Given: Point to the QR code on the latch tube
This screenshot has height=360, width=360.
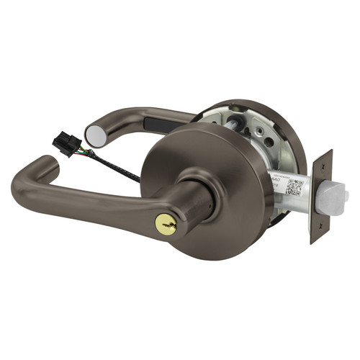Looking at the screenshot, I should pyautogui.click(x=294, y=186).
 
